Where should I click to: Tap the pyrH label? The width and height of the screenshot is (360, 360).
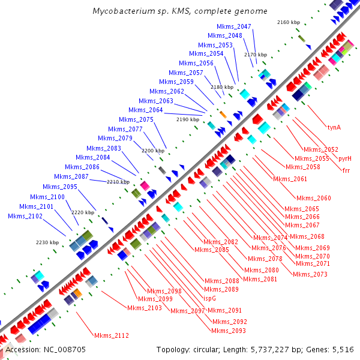[345, 158]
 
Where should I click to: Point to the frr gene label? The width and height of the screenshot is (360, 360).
[346, 170]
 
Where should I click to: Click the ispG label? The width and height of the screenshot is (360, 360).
[210, 298]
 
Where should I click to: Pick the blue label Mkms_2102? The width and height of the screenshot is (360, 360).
[25, 216]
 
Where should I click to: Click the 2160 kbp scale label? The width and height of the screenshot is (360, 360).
[289, 22]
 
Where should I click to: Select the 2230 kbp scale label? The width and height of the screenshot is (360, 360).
[47, 242]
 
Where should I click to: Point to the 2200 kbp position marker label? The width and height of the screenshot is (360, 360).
[152, 151]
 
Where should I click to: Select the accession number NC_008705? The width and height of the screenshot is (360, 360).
[63, 349]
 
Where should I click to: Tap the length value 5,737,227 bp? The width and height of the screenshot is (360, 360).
[285, 349]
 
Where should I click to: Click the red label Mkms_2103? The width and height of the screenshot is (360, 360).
[145, 308]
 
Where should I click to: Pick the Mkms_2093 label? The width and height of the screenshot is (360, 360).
[229, 331]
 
